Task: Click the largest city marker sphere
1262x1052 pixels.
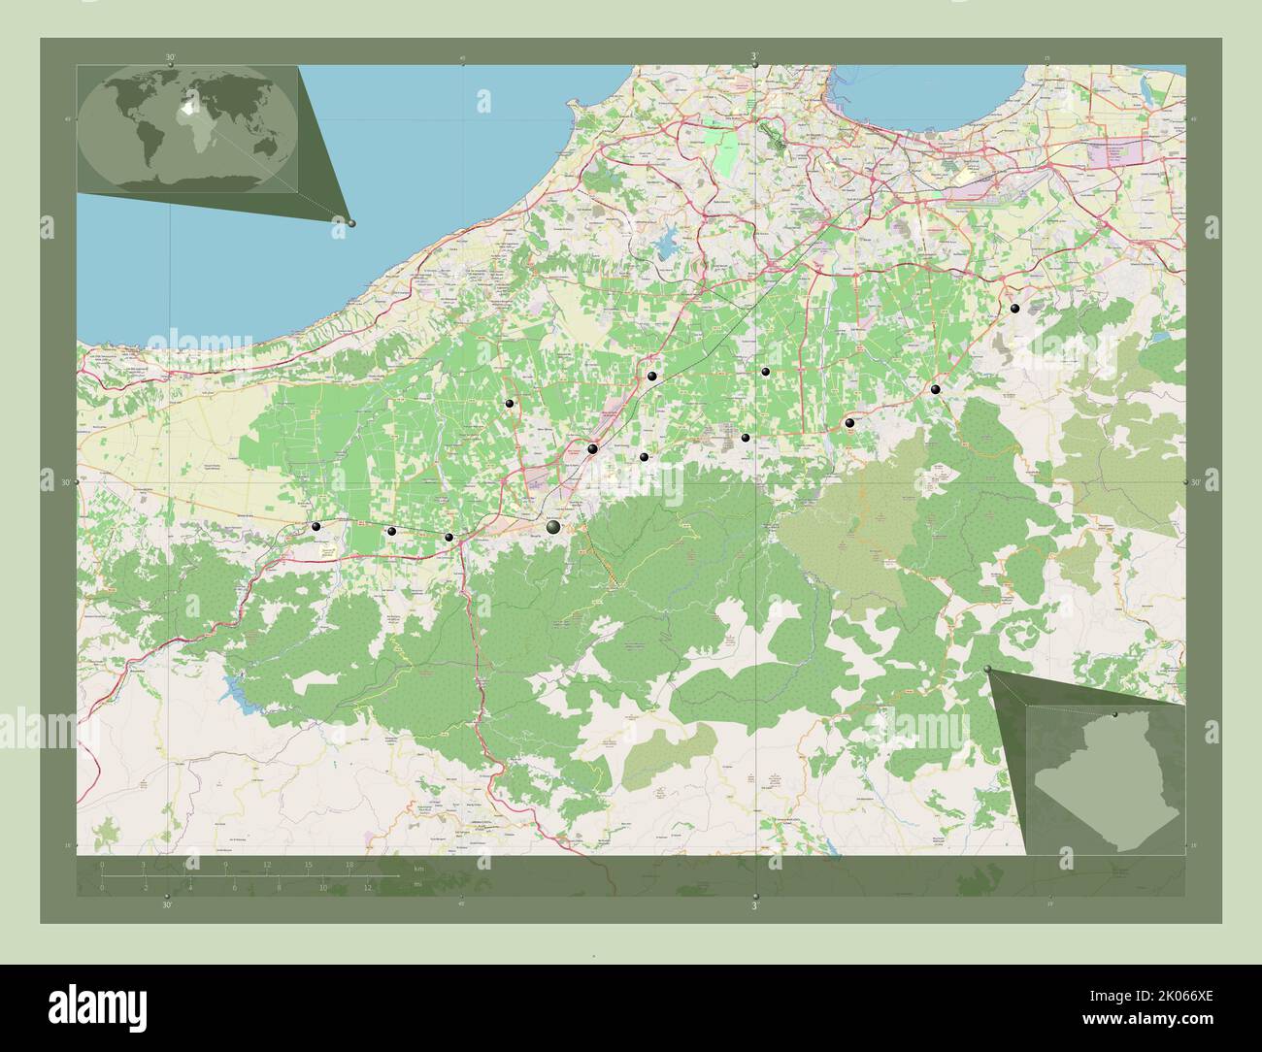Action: [x=553, y=527]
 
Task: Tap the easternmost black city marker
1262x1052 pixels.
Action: [x=1014, y=309]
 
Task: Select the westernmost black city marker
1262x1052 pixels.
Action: [x=315, y=526]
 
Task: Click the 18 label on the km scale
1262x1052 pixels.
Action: [x=349, y=864]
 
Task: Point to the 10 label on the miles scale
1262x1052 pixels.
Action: [x=323, y=886]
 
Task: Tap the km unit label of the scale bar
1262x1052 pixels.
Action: [x=418, y=867]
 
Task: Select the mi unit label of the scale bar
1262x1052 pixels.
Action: [x=417, y=884]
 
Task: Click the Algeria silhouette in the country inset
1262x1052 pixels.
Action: [x=1107, y=776]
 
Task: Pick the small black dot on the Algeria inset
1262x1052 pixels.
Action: [x=1115, y=715]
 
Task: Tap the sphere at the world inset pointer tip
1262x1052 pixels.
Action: [x=351, y=223]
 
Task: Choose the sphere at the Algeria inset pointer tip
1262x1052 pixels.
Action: [x=988, y=670]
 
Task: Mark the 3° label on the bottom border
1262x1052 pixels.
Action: [x=755, y=904]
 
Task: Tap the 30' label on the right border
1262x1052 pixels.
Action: [x=1195, y=482]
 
